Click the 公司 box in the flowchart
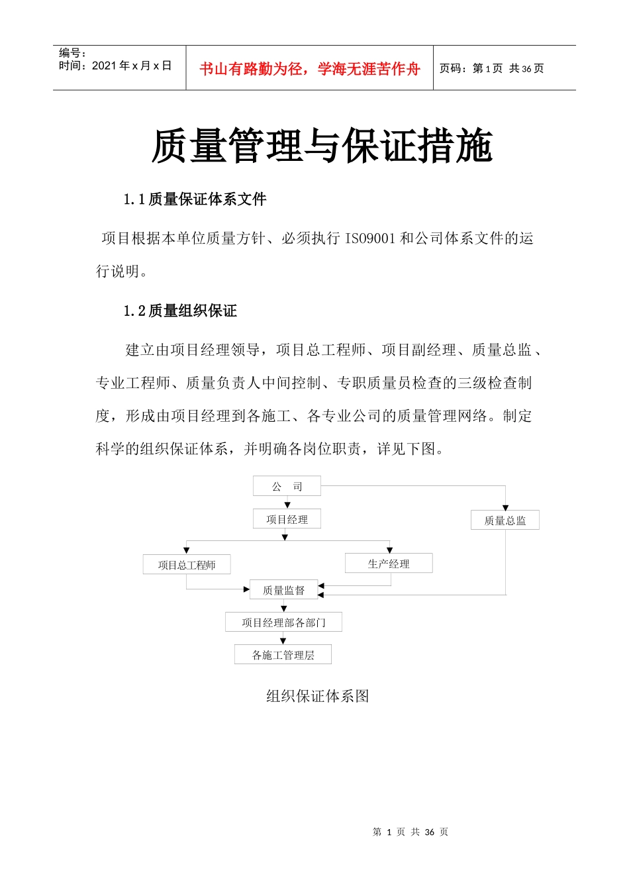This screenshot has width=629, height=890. tap(287, 486)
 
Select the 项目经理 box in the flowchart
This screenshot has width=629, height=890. tap(287, 519)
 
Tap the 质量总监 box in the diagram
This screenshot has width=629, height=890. tap(505, 520)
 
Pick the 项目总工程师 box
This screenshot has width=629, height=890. tap(187, 565)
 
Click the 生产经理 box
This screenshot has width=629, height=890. tap(389, 564)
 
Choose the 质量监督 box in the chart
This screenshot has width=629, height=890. tap(283, 590)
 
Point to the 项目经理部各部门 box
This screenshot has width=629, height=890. tap(283, 622)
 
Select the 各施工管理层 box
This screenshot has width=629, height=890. tap(283, 655)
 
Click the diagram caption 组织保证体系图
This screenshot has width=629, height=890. tap(317, 696)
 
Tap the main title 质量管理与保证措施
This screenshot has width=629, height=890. tap(322, 146)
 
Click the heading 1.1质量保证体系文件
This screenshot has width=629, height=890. tap(195, 199)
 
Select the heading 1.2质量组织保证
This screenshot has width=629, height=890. tap(180, 311)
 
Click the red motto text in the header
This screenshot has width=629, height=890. tap(310, 69)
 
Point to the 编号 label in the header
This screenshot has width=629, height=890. tap(72, 53)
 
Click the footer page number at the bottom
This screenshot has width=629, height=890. tap(411, 832)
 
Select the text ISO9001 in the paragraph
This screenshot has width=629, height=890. tap(370, 238)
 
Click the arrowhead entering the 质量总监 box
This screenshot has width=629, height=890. tap(505, 508)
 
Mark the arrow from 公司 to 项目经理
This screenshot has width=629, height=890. tap(287, 503)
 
